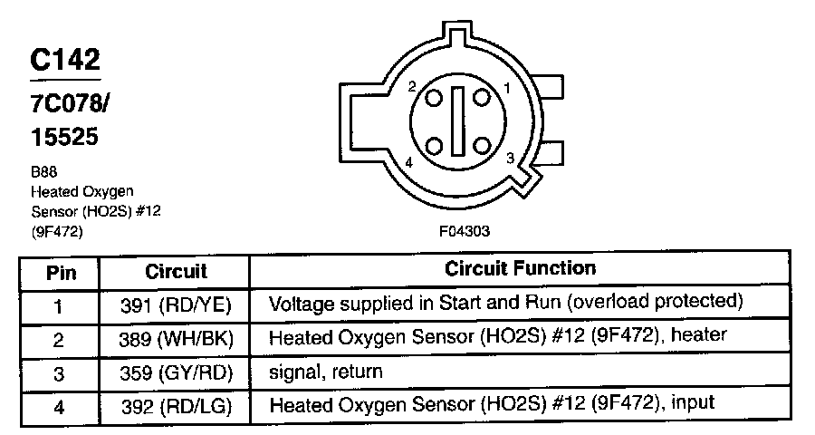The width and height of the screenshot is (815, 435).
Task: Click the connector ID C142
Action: click(64, 60)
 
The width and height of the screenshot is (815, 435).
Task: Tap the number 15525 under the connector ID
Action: click(63, 138)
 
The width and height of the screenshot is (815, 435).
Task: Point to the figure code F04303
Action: click(464, 231)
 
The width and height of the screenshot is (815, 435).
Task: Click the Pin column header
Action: click(61, 271)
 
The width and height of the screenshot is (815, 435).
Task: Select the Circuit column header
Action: click(176, 271)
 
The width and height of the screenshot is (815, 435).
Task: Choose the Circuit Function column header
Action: click(520, 269)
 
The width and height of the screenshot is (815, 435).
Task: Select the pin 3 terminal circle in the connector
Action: click(483, 146)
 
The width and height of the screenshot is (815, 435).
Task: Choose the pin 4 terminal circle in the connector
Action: click(434, 146)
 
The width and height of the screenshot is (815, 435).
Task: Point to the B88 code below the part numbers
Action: click(43, 174)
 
